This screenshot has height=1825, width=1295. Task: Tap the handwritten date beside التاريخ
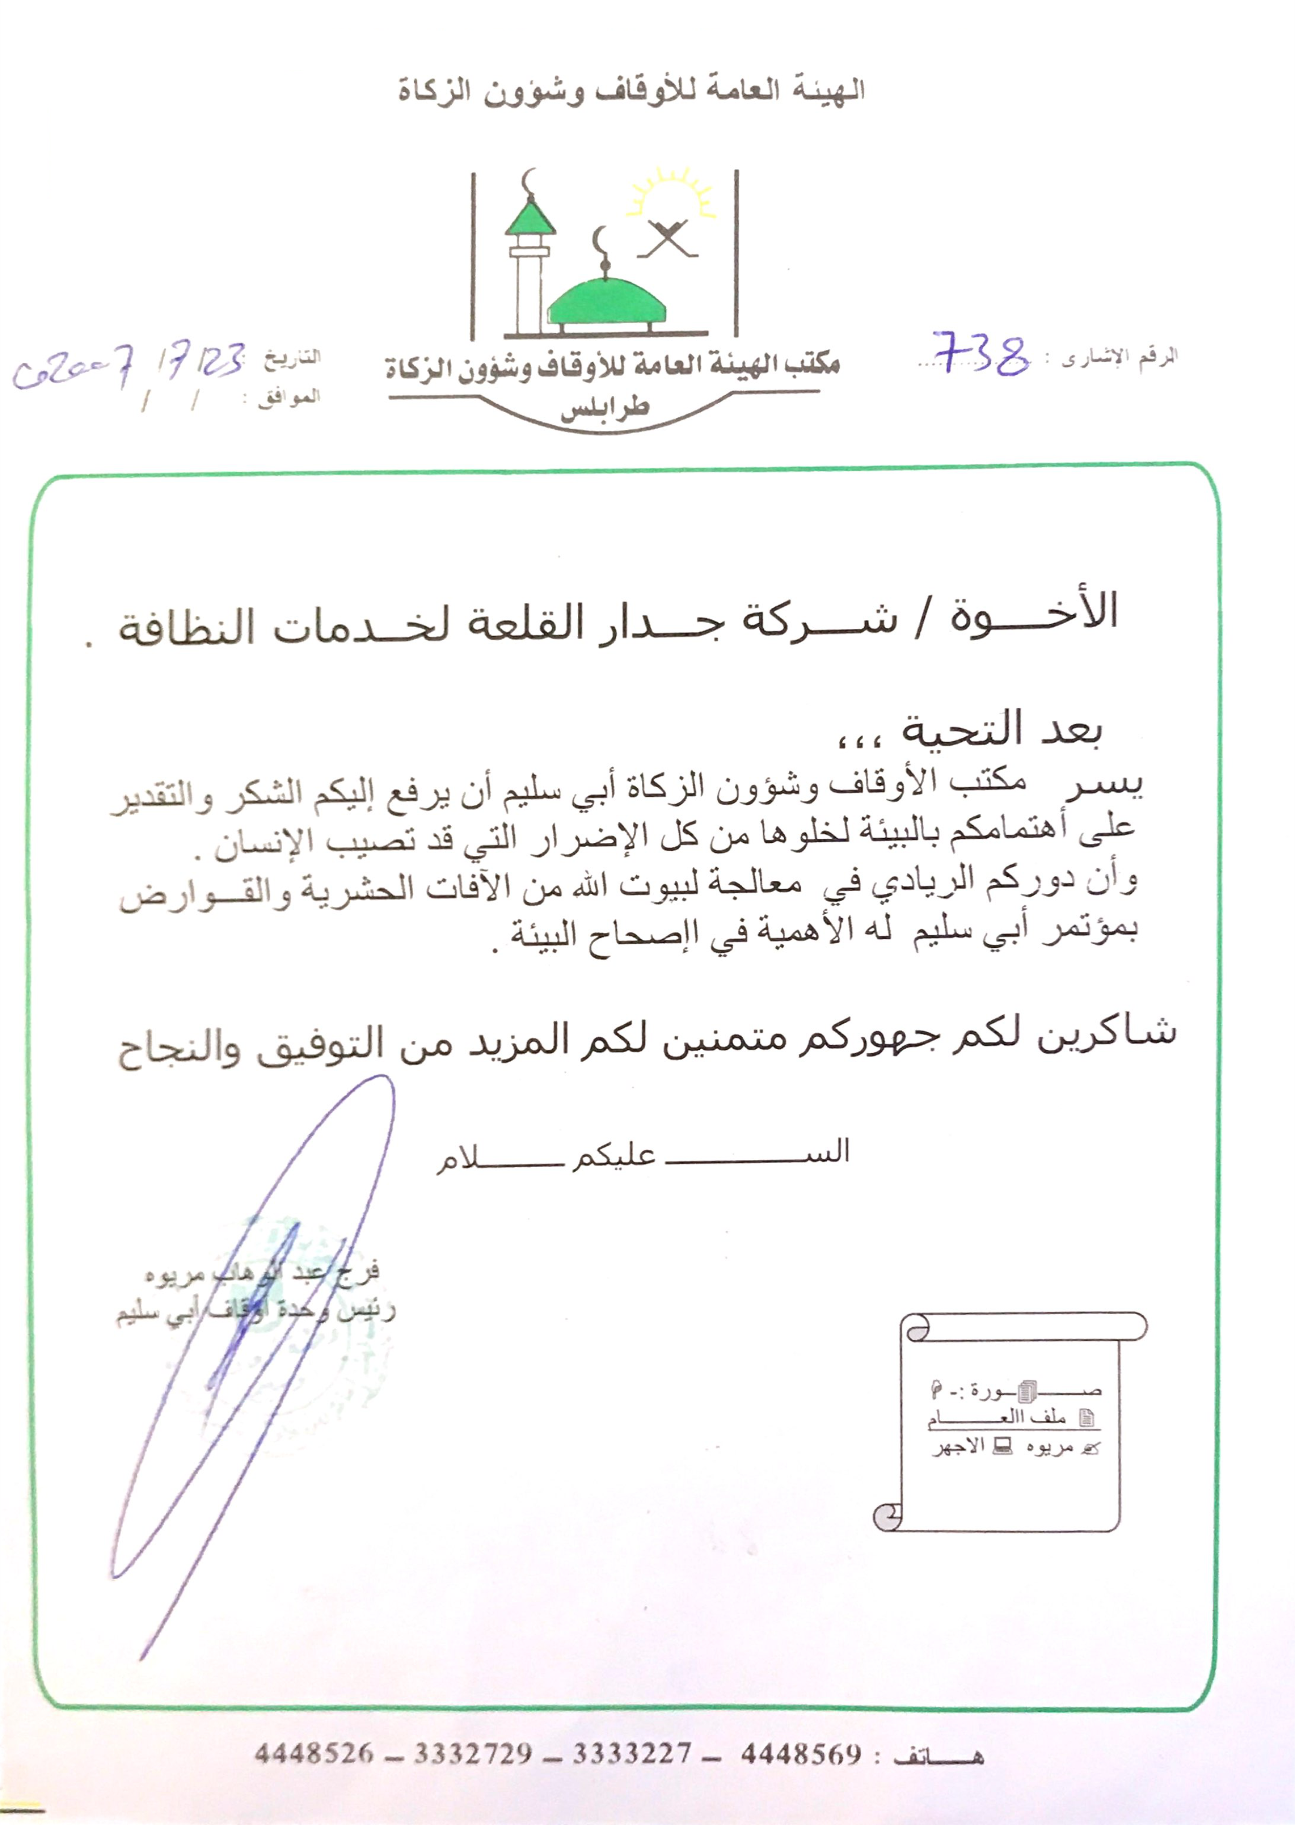coord(128,367)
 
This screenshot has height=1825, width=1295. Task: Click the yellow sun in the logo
coord(671,196)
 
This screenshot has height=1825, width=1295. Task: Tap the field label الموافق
coord(288,397)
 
